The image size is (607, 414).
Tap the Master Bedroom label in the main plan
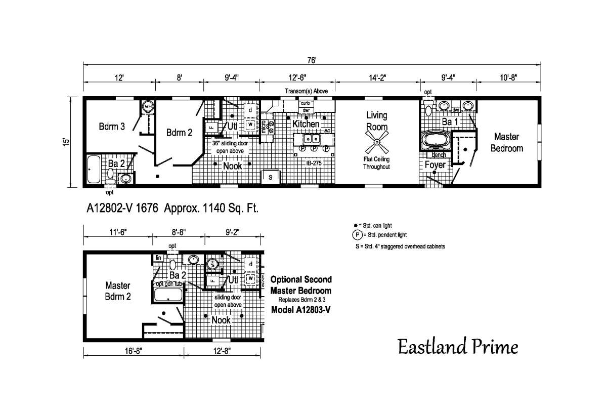pos(508,142)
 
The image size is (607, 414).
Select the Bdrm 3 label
pos(112,127)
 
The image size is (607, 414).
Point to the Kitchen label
pos(306,123)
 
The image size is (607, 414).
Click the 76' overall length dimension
pos(312,60)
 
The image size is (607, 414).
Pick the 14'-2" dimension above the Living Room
pos(376,77)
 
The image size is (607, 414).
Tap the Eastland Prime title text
pos(457,347)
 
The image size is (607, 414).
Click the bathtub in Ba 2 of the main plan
pos(94,170)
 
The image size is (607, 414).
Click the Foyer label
pos(435,165)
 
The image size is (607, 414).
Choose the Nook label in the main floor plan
pos(232,165)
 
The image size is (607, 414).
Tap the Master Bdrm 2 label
pos(118,291)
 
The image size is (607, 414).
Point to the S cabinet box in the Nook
pos(270,177)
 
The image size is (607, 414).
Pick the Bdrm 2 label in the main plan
pos(179,133)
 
